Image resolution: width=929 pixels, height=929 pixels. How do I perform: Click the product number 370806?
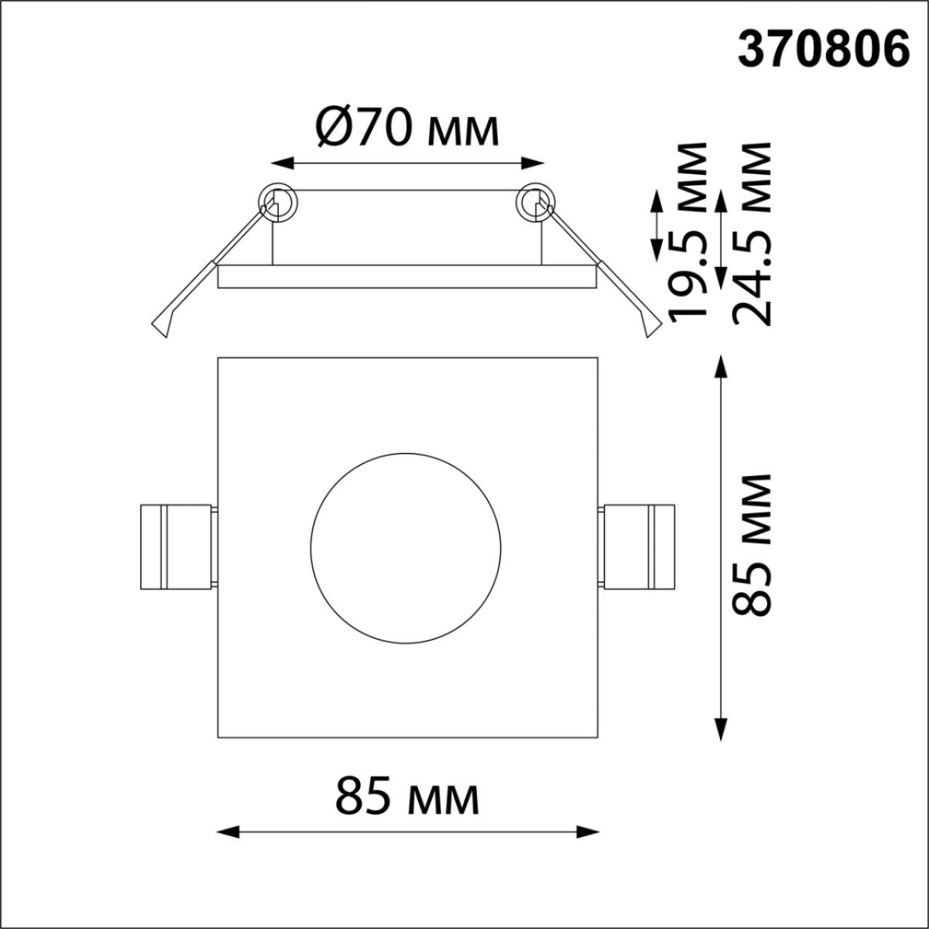822,51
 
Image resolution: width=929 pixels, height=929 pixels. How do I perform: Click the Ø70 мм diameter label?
407,129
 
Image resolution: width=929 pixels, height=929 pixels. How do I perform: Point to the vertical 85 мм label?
752,545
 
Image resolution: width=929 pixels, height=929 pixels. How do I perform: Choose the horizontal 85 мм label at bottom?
407,797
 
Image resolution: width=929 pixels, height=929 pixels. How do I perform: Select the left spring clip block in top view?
175,547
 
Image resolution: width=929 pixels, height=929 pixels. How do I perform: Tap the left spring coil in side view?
277,204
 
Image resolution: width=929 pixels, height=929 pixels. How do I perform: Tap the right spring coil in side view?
536,204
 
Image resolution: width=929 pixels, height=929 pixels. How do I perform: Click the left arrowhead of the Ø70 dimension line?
280,163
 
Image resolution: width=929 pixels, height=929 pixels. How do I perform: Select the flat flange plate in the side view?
407,277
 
